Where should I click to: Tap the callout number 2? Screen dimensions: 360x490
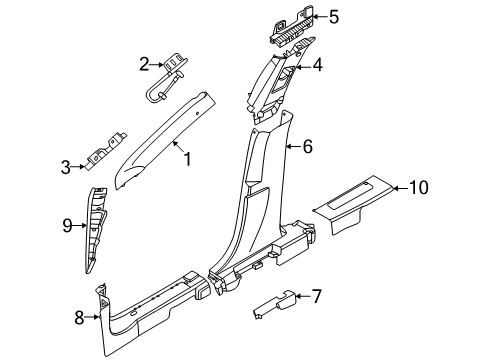coord(145,65)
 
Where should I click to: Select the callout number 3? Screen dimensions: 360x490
coord(66,166)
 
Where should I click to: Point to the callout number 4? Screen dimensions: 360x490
coord(317,67)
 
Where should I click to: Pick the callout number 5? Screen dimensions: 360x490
coord(334,16)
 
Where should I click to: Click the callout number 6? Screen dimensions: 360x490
coord(307,147)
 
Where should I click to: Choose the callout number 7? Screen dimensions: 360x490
coord(316,296)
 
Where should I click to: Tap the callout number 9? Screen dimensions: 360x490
coord(66,225)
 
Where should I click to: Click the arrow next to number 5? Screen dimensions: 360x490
coord(318,16)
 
